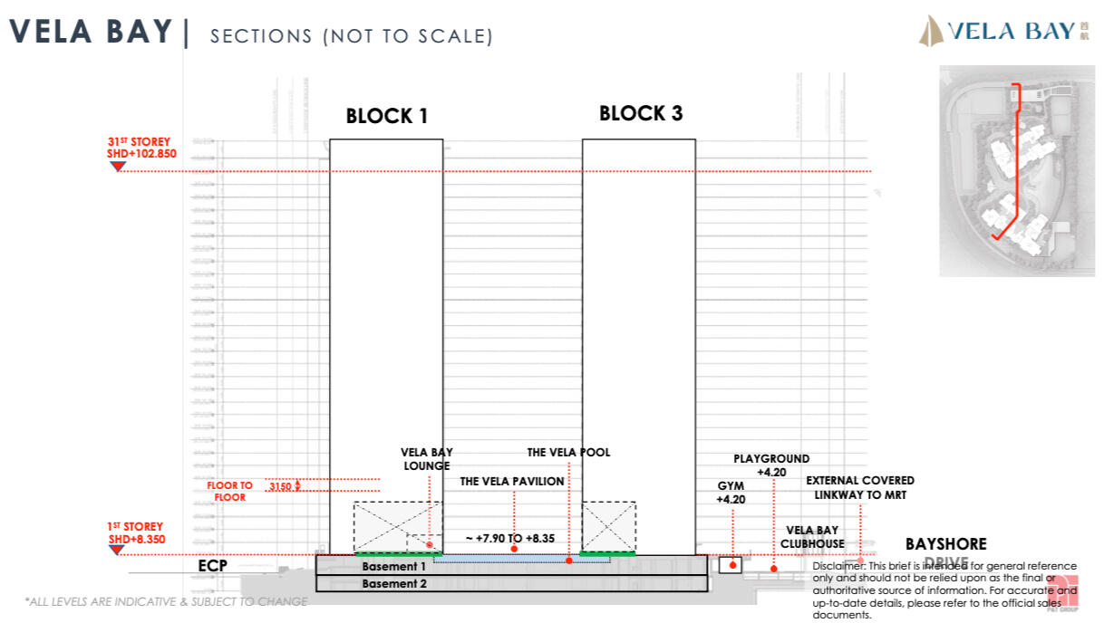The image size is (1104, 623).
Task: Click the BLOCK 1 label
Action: pyautogui.click(x=386, y=117)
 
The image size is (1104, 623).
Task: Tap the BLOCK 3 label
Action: pyautogui.click(x=640, y=114)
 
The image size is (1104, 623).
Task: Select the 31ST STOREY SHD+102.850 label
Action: pyautogui.click(x=139, y=149)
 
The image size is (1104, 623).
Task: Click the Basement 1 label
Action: pyautogui.click(x=393, y=567)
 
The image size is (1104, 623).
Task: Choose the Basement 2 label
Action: pyautogui.click(x=393, y=584)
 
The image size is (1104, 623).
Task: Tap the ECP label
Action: pyautogui.click(x=212, y=567)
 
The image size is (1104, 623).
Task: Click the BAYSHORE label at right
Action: pyautogui.click(x=945, y=544)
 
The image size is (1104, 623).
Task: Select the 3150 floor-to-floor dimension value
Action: pyautogui.click(x=282, y=487)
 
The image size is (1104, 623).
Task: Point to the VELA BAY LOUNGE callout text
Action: pyautogui.click(x=427, y=459)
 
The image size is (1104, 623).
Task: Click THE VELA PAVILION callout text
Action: pyautogui.click(x=511, y=482)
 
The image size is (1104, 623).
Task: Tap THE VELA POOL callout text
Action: pyautogui.click(x=568, y=453)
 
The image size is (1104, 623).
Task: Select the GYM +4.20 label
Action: pyautogui.click(x=731, y=492)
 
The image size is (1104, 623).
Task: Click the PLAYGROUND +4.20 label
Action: pyautogui.click(x=771, y=465)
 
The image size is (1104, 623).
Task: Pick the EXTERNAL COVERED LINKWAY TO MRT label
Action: pyautogui.click(x=859, y=487)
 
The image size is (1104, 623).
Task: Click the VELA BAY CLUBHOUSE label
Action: pyautogui.click(x=811, y=537)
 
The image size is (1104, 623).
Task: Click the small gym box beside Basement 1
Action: pyautogui.click(x=730, y=565)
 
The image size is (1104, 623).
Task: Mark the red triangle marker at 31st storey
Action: pyautogui.click(x=117, y=166)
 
